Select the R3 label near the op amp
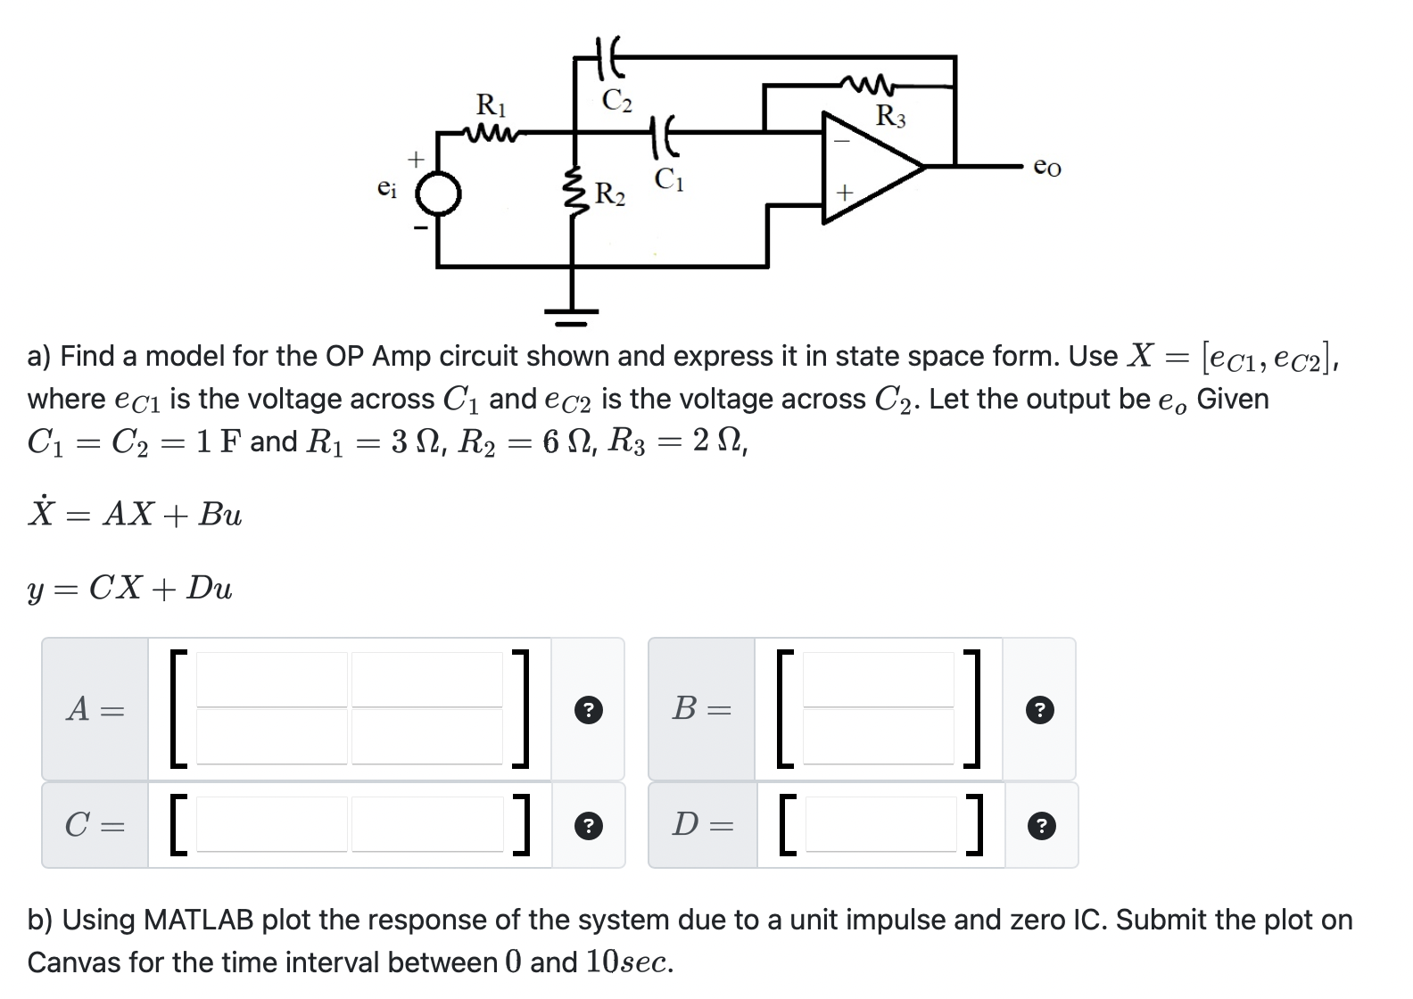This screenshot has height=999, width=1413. click(x=889, y=116)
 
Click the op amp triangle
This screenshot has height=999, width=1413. click(x=870, y=167)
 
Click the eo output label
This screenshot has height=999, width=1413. click(x=1046, y=167)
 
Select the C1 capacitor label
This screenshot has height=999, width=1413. click(x=669, y=179)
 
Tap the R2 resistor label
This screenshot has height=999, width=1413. click(x=610, y=193)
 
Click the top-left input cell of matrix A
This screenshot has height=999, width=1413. click(x=272, y=680)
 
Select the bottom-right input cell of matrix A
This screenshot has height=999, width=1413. click(x=427, y=737)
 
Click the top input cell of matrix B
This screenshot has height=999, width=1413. click(x=879, y=680)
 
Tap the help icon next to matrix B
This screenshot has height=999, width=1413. click(x=1039, y=710)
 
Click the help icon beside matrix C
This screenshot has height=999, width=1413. click(x=588, y=826)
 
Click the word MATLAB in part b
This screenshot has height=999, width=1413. click(x=197, y=920)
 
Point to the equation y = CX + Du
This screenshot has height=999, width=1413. click(x=130, y=588)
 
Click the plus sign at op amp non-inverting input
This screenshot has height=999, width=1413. click(x=844, y=192)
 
